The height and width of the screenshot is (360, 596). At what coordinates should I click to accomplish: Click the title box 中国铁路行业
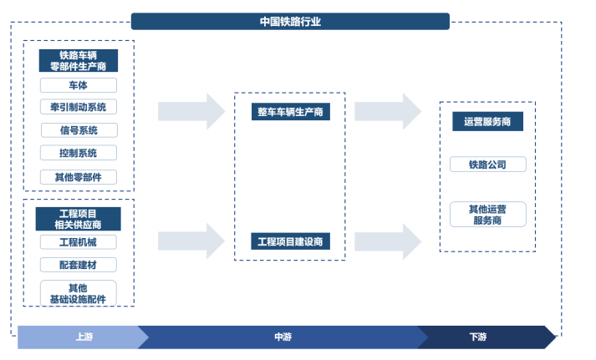(290, 22)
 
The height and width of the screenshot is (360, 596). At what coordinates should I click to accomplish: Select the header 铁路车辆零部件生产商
(79, 61)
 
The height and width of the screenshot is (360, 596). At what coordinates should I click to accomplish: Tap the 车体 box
(79, 85)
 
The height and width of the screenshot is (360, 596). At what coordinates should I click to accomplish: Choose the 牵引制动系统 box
(79, 107)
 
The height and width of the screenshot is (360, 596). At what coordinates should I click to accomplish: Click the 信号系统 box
(79, 130)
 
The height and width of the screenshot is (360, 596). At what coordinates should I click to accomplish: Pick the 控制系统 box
(79, 153)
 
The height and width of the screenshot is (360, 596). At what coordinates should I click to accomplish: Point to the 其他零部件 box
(79, 177)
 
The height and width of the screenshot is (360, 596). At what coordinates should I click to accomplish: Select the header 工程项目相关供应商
(79, 219)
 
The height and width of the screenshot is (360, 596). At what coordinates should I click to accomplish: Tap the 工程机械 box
(79, 242)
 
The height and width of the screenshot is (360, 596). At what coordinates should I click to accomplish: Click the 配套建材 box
(79, 265)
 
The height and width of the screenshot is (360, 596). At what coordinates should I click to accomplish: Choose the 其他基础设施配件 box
(79, 293)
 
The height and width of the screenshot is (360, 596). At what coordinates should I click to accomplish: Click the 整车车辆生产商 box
(291, 112)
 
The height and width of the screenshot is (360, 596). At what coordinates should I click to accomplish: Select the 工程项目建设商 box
(290, 241)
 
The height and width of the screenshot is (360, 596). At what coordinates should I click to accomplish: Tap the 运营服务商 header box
(487, 121)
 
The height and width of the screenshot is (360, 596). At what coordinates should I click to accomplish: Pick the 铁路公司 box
(488, 165)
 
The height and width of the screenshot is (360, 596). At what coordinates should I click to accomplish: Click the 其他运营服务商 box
(488, 215)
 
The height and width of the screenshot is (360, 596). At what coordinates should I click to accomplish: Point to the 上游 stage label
(84, 337)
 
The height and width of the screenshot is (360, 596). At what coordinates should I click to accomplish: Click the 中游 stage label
(283, 337)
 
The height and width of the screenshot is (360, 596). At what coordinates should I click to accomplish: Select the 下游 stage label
(478, 337)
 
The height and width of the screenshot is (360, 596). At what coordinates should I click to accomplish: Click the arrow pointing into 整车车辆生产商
(191, 112)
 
